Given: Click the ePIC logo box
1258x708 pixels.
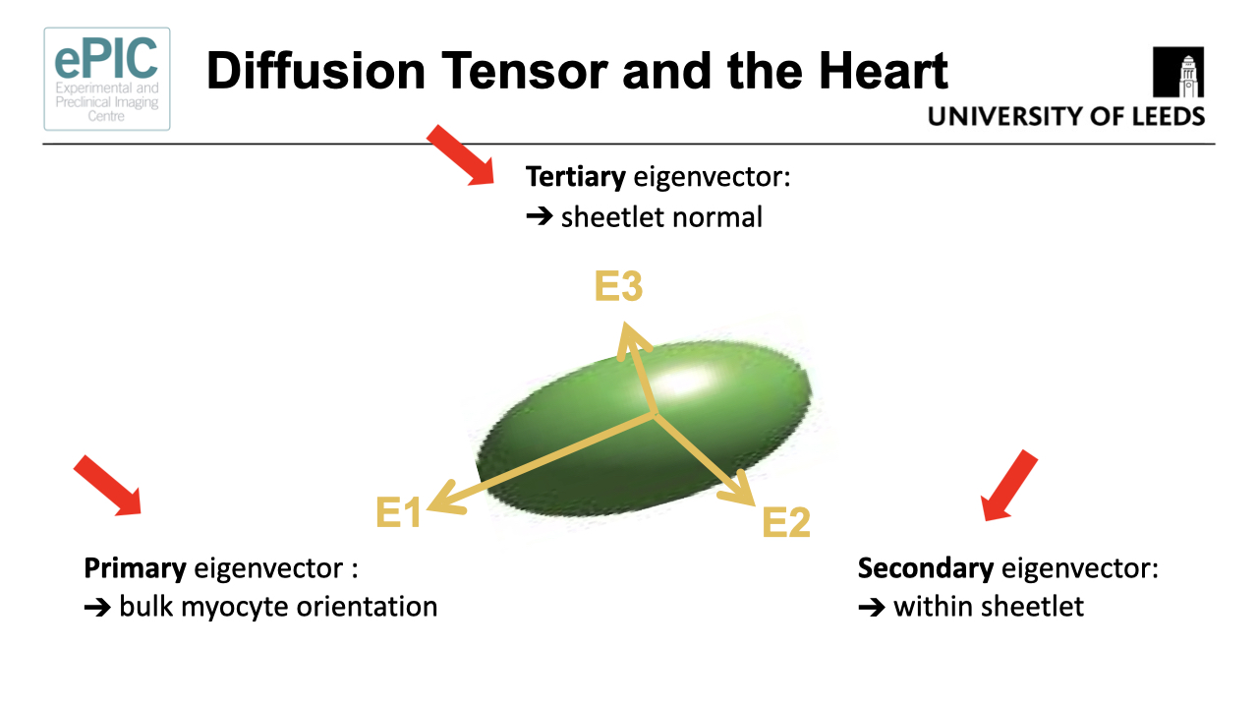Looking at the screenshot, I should click(x=107, y=79).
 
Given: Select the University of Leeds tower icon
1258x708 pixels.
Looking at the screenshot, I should click(x=1178, y=76).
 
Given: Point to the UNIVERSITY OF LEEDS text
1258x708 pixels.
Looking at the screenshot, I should click(x=1066, y=117).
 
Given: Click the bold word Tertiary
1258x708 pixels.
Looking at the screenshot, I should click(x=575, y=177).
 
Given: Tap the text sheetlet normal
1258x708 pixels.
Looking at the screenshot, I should click(x=661, y=216).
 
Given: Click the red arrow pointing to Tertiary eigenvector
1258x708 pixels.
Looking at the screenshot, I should click(x=461, y=155).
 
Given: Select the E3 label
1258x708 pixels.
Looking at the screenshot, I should click(x=618, y=287).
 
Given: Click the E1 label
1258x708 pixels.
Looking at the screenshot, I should click(x=399, y=512).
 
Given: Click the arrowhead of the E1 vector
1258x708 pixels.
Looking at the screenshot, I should click(x=440, y=500).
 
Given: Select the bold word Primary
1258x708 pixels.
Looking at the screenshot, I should click(x=135, y=568).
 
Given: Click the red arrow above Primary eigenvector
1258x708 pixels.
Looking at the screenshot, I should click(x=109, y=486).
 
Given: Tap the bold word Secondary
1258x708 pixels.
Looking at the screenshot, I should click(x=925, y=568).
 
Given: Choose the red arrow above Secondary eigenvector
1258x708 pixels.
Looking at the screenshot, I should click(x=1009, y=486).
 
